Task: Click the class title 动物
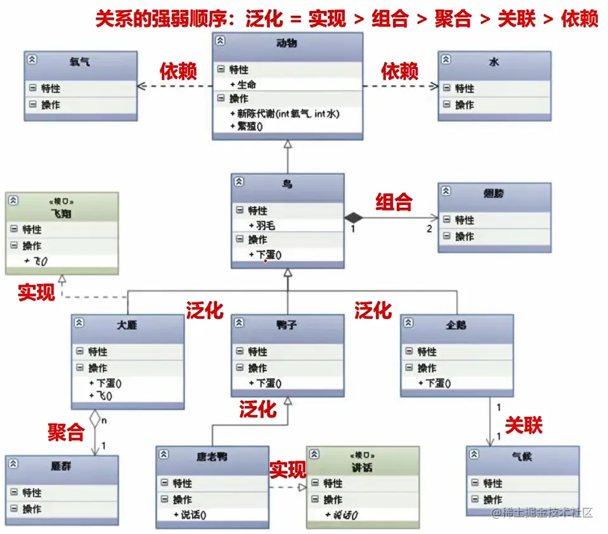pos(287,44)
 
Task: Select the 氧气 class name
pos(80,62)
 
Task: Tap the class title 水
pos(494,62)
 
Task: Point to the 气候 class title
pos(522,457)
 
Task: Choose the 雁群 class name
pos(61,466)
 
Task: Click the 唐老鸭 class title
pos(212,457)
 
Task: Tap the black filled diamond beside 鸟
pos(353,218)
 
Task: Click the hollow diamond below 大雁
pos(94,418)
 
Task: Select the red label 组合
pos(394,202)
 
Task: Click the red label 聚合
pos(66,433)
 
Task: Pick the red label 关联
pos(524,425)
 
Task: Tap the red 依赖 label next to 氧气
pos(178,71)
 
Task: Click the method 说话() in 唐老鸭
pos(193,515)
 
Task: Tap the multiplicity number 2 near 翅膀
pos(429,228)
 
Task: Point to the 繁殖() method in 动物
pos(249,126)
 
